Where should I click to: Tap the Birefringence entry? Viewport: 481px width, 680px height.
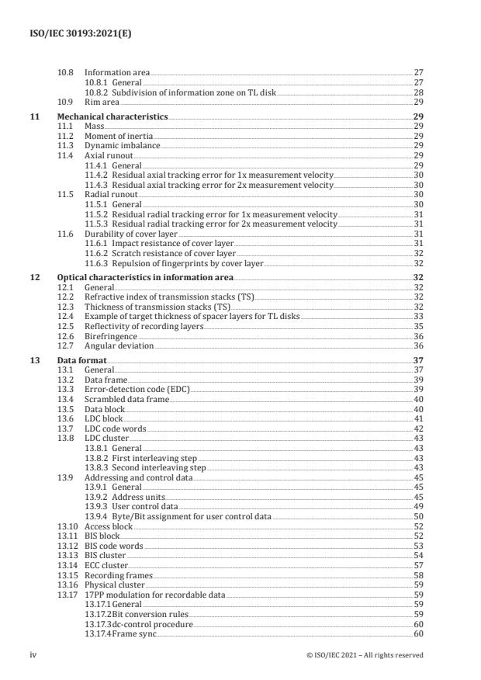[107, 336]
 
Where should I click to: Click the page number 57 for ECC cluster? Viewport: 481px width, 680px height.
[417, 567]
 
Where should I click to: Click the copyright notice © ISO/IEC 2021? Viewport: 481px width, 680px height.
[365, 655]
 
